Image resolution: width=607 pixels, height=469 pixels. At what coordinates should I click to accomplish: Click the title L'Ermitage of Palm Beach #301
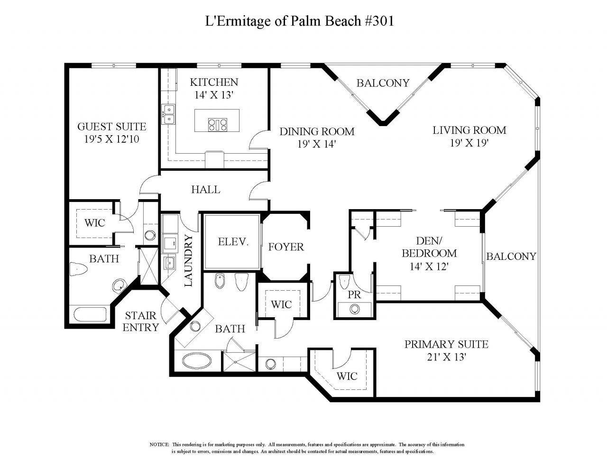[299, 21]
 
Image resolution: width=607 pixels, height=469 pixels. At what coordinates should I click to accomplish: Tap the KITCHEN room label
[214, 82]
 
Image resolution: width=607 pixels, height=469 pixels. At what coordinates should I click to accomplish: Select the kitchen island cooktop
[217, 125]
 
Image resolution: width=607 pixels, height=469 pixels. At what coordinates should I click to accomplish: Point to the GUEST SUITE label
[111, 127]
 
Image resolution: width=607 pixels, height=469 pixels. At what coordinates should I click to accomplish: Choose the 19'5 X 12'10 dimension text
[111, 139]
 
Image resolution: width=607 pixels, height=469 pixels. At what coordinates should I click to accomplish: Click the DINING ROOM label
[316, 131]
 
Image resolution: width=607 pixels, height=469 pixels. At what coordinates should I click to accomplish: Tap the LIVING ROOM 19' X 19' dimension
[469, 143]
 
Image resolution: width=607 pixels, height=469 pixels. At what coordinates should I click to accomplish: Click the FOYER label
[285, 247]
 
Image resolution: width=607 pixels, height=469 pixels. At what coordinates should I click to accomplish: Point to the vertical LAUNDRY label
[188, 260]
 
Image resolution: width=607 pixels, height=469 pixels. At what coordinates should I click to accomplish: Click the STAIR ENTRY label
[141, 322]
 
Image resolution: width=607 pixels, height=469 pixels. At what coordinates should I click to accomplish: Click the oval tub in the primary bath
[196, 361]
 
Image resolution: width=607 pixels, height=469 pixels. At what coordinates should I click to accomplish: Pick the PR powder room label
[354, 294]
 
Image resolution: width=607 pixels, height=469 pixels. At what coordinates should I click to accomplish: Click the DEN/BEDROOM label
[429, 247]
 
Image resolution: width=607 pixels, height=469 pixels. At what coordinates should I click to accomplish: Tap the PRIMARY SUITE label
[446, 344]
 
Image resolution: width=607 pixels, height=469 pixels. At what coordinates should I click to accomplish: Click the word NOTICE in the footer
[159, 444]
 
